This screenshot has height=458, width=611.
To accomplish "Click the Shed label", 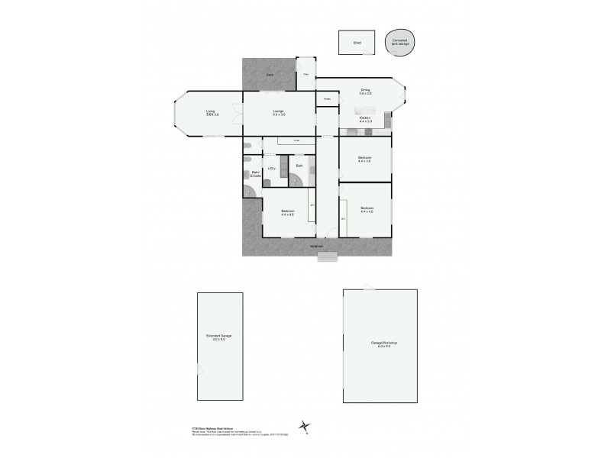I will click(356, 44).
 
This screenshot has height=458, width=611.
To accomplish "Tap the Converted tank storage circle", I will click(400, 42).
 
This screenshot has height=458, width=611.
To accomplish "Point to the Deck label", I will click(269, 74).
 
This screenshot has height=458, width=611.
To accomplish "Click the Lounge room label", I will click(279, 113).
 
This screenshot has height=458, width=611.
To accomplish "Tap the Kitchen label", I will click(365, 119).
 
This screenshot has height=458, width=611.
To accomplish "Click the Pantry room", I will click(327, 99).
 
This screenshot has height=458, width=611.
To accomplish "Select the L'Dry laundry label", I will click(271, 168).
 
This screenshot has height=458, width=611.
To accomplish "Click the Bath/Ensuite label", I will click(257, 175).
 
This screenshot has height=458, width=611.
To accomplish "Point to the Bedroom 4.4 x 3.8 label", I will click(366, 159).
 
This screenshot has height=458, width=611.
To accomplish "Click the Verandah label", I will click(317, 246).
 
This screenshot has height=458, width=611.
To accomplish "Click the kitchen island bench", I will click(366, 131).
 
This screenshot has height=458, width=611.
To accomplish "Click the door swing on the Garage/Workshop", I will click(370, 287).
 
